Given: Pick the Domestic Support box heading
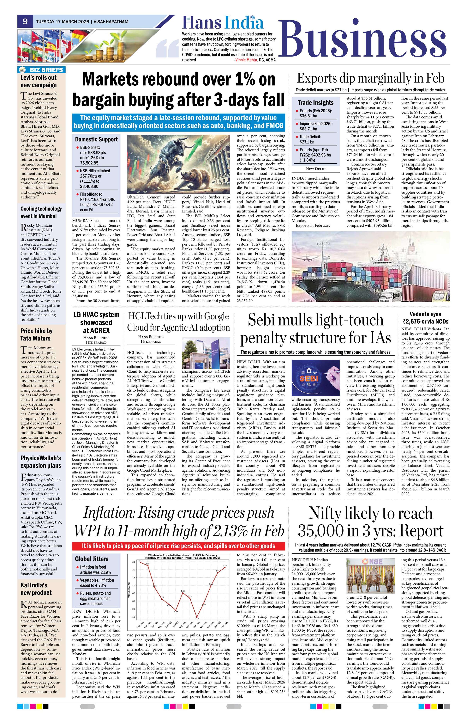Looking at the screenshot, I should pyautogui.click(x=96, y=139).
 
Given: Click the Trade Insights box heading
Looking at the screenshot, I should pyautogui.click(x=315, y=103).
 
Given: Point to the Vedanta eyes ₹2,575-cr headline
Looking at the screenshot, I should pyautogui.click(x=425, y=317).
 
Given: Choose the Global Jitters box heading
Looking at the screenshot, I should pyautogui.click(x=91, y=559).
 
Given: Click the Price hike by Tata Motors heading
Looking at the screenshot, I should pyautogui.click(x=36, y=334).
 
